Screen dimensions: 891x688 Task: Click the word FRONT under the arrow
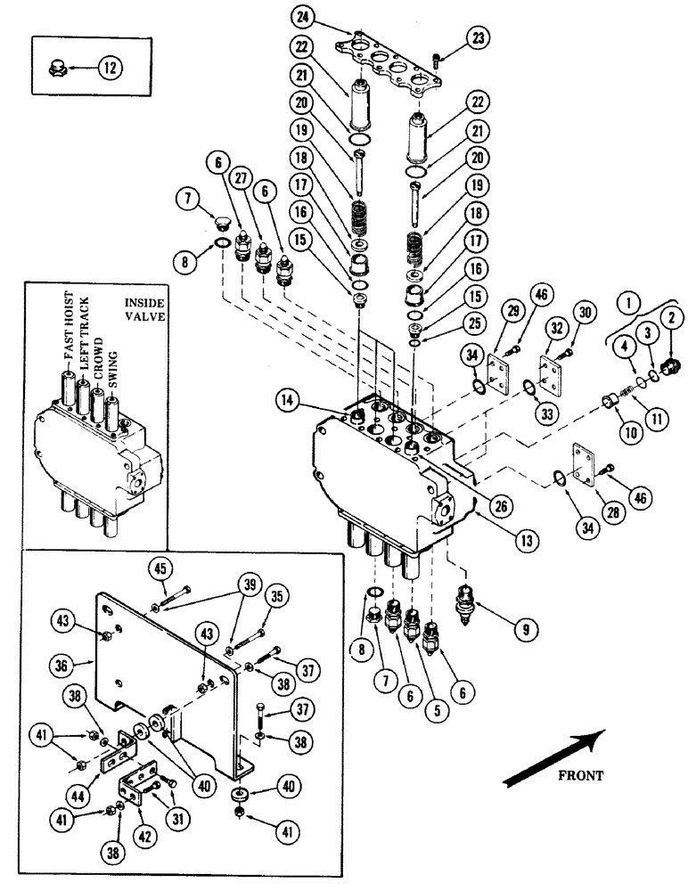click(580, 775)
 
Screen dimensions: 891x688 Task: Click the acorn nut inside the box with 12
click(53, 65)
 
